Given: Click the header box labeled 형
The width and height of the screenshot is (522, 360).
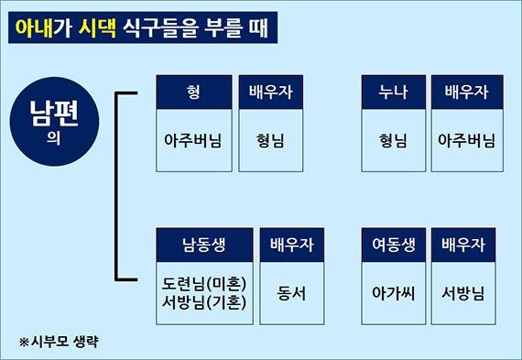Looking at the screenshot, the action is click(192, 93).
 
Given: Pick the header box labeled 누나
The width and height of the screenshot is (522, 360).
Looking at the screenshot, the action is click(394, 93).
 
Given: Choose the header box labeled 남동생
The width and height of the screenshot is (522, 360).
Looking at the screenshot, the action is click(202, 245).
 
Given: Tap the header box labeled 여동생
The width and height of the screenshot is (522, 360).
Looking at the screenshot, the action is click(394, 245).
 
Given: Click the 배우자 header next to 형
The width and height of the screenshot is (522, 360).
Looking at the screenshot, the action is click(270, 93).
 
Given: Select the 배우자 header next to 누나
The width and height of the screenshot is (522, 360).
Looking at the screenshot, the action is click(465, 93).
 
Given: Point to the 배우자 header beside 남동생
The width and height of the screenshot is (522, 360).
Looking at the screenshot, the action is click(292, 245).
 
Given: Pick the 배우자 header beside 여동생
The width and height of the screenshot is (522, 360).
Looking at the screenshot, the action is click(463, 245).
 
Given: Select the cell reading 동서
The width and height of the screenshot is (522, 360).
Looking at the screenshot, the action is click(292, 293).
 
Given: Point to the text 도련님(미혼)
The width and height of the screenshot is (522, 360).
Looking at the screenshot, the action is click(202, 282).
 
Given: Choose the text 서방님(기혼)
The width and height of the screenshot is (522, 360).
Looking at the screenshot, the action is click(202, 304).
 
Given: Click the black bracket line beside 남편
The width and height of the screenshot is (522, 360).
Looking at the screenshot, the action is click(117, 183).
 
